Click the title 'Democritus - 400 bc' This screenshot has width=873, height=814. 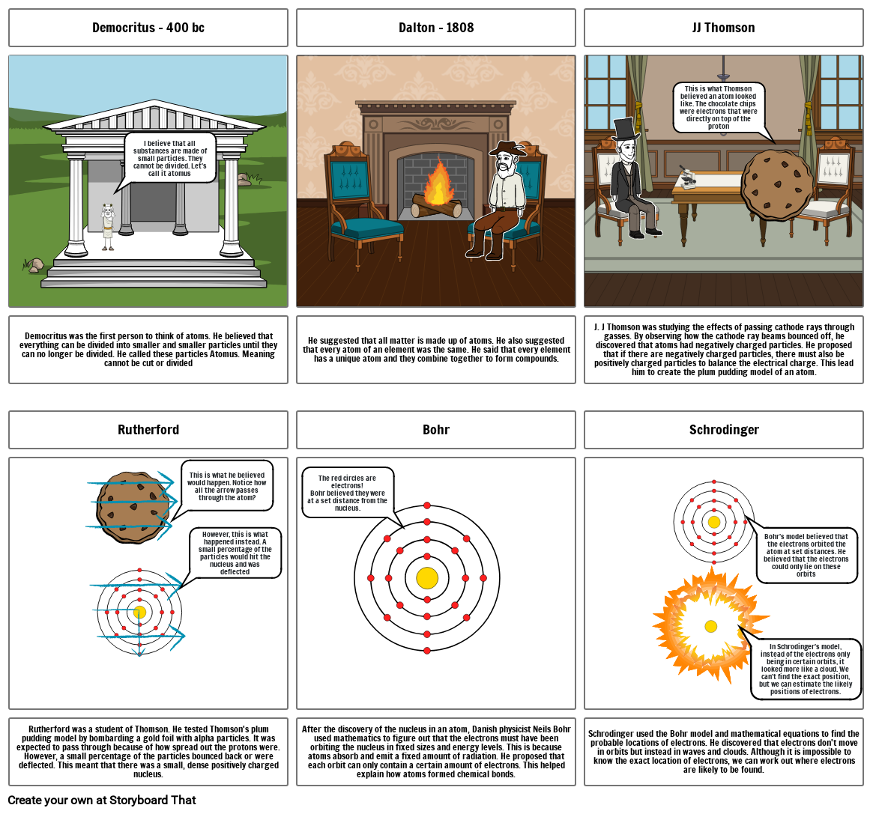148,28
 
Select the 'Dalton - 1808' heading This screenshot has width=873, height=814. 435,28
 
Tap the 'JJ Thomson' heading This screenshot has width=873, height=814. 723,28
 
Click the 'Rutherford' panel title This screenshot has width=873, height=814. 148,430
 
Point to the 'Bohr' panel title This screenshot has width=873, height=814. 435,430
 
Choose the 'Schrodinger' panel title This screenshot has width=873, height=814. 723,430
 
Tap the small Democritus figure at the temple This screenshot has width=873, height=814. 108,226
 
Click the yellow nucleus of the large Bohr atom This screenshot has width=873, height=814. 426,578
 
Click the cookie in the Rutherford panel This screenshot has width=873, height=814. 132,502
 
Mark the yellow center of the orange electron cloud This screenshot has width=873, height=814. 710,626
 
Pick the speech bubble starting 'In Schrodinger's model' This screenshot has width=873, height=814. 805,669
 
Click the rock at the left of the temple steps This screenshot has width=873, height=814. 34,265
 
